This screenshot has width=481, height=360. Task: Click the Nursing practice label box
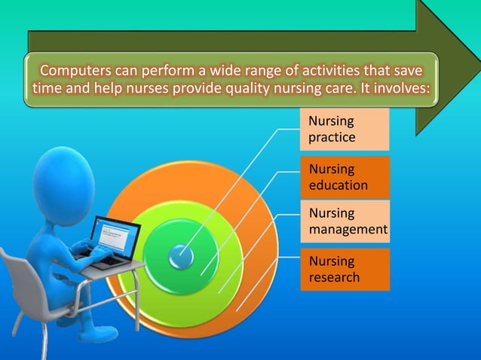pos(344,130)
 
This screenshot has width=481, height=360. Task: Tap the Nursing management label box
pos(344,221)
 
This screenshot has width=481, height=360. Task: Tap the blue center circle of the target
pos(181,256)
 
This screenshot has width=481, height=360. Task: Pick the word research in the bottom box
pos(334,277)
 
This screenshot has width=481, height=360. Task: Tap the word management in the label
pos(348,228)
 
